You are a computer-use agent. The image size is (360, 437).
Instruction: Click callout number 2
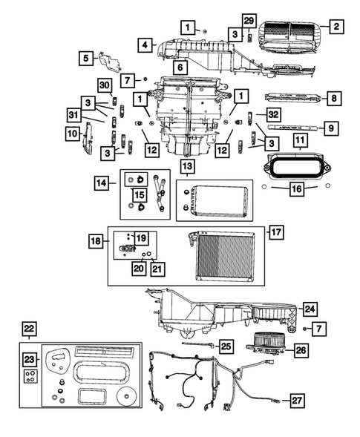pyautogui.click(x=336, y=27)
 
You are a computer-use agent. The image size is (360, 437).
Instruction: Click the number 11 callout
pyautogui.click(x=300, y=139)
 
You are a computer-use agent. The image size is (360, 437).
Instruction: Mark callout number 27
pyautogui.click(x=297, y=401)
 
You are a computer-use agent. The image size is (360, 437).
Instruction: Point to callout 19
pyautogui.click(x=141, y=237)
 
